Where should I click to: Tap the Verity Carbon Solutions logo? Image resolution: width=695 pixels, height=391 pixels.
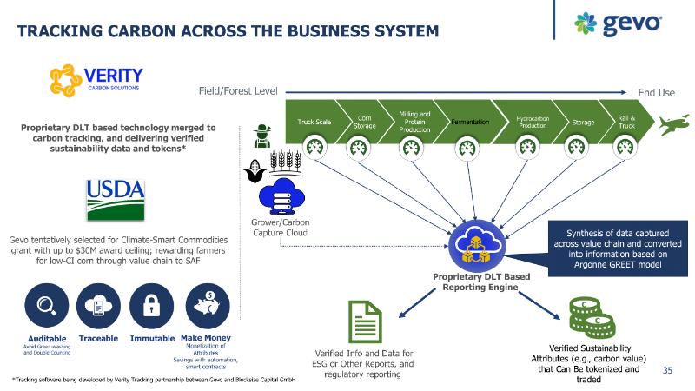(96, 77)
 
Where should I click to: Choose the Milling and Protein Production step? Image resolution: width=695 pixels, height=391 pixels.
(414, 121)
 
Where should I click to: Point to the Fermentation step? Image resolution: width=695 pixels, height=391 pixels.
(470, 122)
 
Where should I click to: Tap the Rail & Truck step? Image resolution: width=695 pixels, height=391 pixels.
(626, 122)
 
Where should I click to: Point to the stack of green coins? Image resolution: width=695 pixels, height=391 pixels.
(587, 317)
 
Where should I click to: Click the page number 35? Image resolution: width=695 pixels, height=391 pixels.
(668, 371)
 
